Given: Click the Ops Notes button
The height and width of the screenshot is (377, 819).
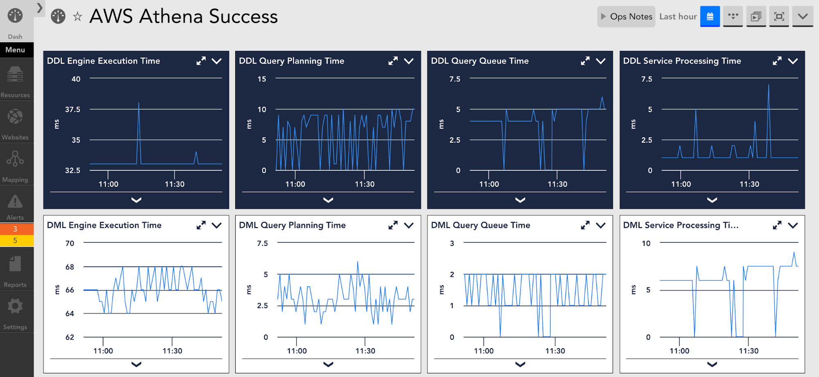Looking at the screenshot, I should pos(626,17).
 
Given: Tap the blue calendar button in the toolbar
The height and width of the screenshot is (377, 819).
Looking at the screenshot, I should pos(710,17).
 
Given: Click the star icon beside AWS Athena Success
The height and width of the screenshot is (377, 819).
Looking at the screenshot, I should pos(77,17).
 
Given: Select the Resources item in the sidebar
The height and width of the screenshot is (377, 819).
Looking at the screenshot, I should pos(15,82).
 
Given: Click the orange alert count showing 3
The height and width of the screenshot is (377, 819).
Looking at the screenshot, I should pos(15,229).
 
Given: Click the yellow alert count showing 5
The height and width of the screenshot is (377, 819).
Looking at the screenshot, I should pos(15,240).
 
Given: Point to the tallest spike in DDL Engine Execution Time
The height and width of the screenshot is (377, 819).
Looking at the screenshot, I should pos(139,104).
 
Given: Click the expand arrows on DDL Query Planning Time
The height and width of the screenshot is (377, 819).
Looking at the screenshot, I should pos(393,61).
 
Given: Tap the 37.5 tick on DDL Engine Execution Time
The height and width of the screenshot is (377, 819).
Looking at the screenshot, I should pos(73,110).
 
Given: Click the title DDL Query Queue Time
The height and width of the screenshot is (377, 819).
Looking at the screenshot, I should pos(480,61).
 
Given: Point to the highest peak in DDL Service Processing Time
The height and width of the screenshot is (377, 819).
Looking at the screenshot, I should pos(769,86).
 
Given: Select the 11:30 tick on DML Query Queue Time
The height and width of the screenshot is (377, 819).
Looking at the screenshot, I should pos(555,351).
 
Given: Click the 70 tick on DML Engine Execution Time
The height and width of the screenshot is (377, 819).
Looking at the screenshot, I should pos(70,243).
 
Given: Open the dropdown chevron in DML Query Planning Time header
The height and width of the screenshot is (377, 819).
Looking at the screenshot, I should pos(408,225).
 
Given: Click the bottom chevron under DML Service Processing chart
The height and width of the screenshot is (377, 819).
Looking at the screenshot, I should pos(712,364).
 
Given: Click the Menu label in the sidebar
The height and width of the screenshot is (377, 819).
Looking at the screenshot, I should pos(15,50).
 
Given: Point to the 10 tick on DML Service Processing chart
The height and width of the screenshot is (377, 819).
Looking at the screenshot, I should pos(646,243).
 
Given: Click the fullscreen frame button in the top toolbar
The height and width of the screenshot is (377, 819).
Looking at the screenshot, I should pos(779,17).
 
